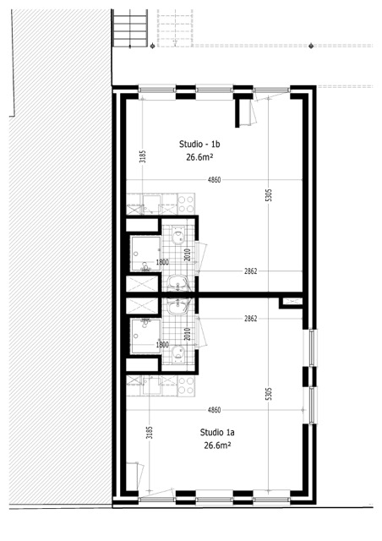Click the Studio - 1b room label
(199, 144)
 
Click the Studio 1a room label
(217, 432)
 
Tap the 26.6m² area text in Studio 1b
(199, 157)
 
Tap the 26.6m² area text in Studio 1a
(217, 445)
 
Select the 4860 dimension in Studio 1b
(214, 180)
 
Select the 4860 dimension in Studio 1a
(214, 410)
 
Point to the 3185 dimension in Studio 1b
(143, 156)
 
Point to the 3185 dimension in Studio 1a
(150, 433)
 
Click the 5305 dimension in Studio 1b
(270, 195)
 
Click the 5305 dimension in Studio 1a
(270, 394)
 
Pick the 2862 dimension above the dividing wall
(250, 271)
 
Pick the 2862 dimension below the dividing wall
(250, 319)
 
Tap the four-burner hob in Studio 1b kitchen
(186, 204)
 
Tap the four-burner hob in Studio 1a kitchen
(186, 385)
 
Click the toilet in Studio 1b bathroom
(178, 235)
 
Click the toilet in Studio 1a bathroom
(178, 354)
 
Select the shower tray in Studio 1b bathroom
(145, 254)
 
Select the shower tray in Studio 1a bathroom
(145, 336)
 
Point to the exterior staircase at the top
(130, 28)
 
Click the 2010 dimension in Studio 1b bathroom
(188, 255)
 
